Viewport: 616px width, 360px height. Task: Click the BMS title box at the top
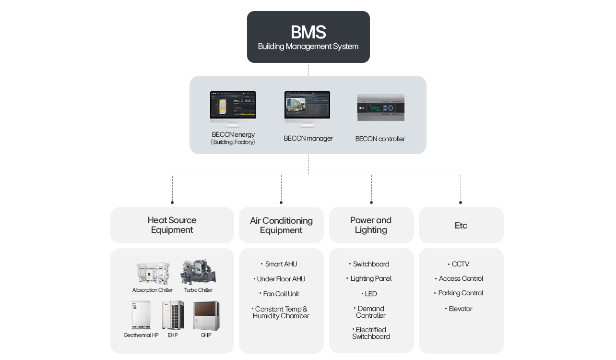point(308,37)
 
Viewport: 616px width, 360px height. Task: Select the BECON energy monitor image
point(233,108)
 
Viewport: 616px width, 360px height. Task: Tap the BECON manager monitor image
point(307,108)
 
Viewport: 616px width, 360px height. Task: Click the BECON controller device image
point(380,108)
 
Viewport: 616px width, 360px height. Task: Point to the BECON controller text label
point(380,139)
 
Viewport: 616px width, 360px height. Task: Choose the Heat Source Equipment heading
point(172,225)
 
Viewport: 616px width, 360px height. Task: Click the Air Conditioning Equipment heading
point(281,226)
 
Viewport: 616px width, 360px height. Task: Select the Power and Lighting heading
point(371,225)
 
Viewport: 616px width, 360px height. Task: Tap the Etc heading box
point(461,226)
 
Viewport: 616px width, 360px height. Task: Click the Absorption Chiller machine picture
point(153,273)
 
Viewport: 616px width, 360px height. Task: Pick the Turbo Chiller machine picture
point(198,272)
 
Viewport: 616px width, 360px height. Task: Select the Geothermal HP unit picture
point(141,315)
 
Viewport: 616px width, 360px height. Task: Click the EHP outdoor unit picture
point(173,315)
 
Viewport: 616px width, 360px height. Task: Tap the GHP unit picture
point(206,315)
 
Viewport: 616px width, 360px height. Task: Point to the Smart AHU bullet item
point(281,264)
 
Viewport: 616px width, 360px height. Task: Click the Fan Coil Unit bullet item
point(281,294)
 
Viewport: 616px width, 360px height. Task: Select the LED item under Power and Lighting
point(370,294)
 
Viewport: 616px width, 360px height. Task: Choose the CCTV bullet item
point(460,264)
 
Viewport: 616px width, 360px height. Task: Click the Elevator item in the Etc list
point(460,309)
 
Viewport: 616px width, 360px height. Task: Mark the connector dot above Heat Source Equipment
point(172,203)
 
